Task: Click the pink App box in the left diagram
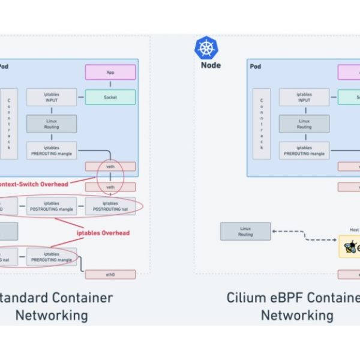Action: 110,73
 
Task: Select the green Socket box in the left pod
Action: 110,97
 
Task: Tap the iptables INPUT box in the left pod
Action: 52,97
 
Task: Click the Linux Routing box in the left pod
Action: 52,124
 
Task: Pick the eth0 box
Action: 110,274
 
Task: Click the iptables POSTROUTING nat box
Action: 110,206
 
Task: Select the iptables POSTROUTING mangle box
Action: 52,206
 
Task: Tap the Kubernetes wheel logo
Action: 205,48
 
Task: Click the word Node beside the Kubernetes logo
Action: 211,65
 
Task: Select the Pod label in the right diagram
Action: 255,67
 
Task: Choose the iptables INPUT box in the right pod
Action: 304,97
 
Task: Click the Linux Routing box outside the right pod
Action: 245,231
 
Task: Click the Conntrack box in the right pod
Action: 262,124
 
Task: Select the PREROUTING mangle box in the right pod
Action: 304,151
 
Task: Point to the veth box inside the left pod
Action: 110,166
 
